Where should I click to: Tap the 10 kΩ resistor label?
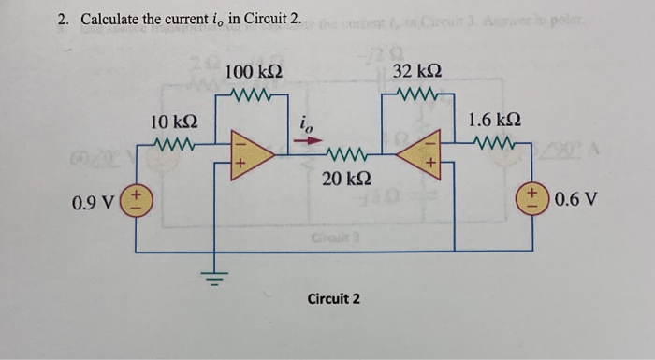[173, 122]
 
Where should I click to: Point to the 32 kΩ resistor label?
[418, 72]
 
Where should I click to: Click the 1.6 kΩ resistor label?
[495, 122]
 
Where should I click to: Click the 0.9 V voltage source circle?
[138, 200]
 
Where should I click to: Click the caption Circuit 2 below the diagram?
[334, 299]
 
